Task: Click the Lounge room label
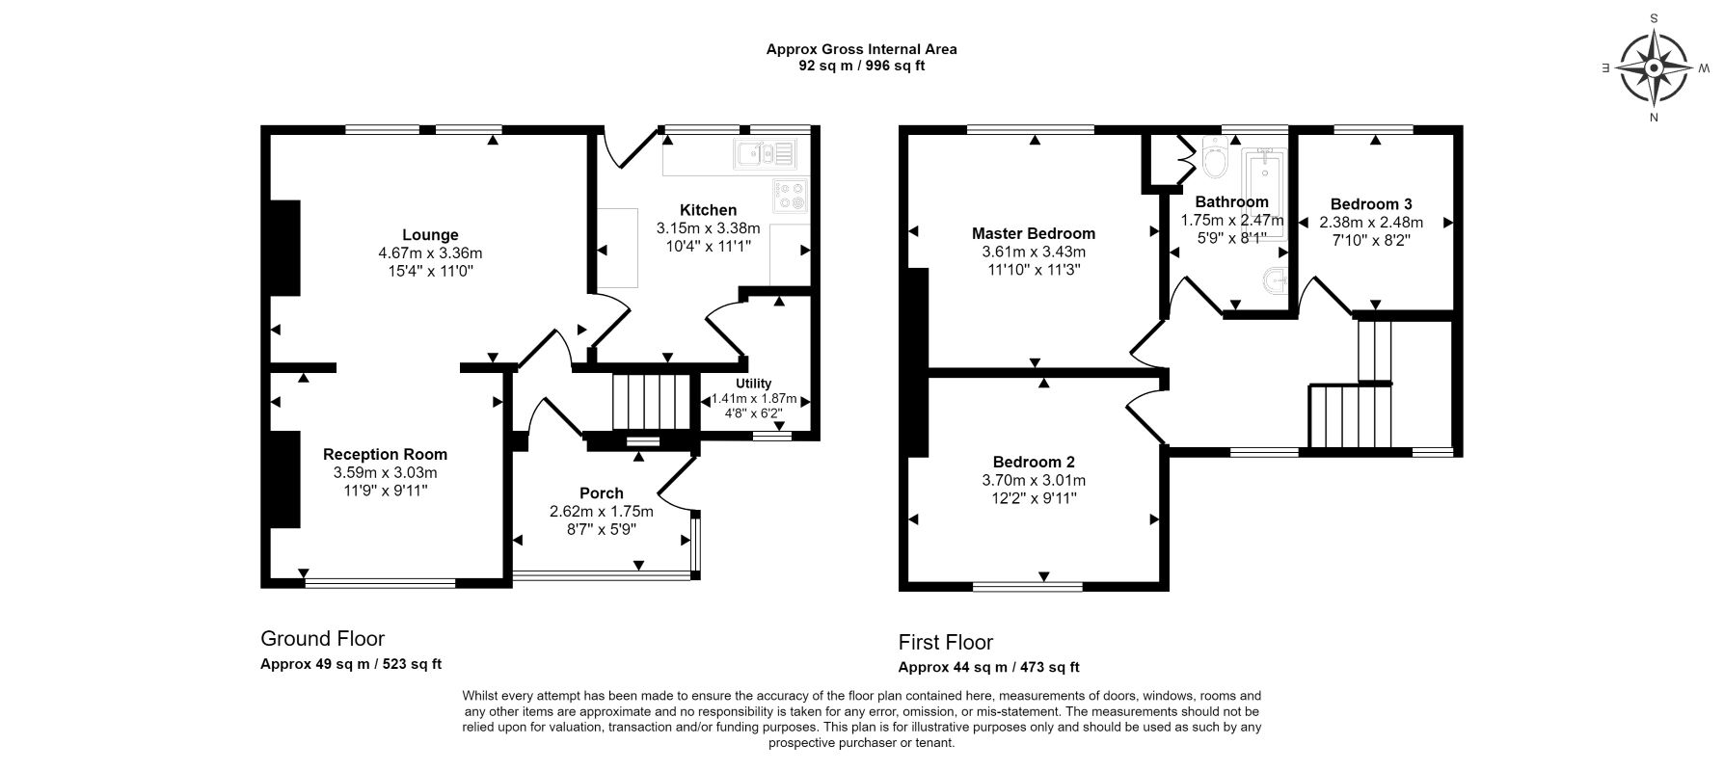(430, 235)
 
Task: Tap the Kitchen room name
(708, 210)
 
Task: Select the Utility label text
(753, 384)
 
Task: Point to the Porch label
(601, 493)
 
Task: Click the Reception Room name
(385, 455)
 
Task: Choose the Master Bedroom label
(1034, 233)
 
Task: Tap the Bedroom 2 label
(1034, 462)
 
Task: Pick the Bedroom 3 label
(1371, 204)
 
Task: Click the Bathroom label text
(1231, 202)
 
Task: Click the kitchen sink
(765, 153)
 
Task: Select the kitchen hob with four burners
(791, 197)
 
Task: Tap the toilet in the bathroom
(1213, 159)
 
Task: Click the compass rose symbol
(1654, 68)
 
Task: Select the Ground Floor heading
(322, 639)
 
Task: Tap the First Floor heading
(945, 643)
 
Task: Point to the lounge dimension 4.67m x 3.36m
(430, 253)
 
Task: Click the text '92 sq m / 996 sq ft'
(862, 66)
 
